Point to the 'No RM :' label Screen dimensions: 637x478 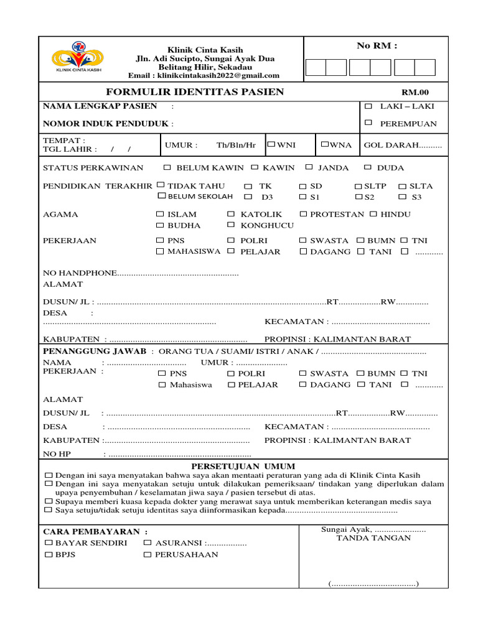pyautogui.click(x=377, y=45)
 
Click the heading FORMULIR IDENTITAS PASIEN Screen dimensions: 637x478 pyautogui.click(x=195, y=92)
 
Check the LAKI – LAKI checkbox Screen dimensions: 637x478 pyautogui.click(x=368, y=106)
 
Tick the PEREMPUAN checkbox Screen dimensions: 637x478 pyautogui.click(x=368, y=123)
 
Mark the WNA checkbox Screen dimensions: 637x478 pyautogui.click(x=325, y=144)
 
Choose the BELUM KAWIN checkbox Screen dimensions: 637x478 pyautogui.click(x=167, y=167)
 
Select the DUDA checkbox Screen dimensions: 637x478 pyautogui.click(x=368, y=167)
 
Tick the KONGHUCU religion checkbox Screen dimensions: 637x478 pyautogui.click(x=231, y=225)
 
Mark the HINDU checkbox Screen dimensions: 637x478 pyautogui.click(x=373, y=214)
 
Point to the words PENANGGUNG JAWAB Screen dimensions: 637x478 pyautogui.click(x=95, y=351)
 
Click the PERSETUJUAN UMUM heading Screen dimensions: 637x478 pyautogui.click(x=243, y=467)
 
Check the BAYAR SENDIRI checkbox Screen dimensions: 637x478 pyautogui.click(x=49, y=543)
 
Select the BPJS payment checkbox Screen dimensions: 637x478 pyautogui.click(x=49, y=554)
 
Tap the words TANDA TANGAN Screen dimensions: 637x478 pyautogui.click(x=373, y=538)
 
